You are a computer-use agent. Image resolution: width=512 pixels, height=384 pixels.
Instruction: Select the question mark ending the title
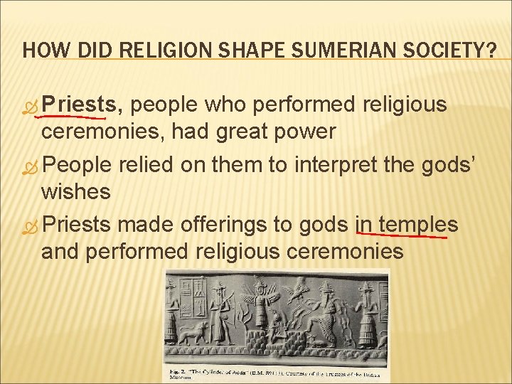pos(491,51)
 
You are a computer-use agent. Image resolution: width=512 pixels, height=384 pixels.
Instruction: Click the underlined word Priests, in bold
pos(82,105)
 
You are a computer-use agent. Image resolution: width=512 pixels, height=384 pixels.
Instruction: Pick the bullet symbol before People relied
pos(29,165)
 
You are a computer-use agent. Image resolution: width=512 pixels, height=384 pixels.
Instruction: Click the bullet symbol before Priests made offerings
pos(29,225)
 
